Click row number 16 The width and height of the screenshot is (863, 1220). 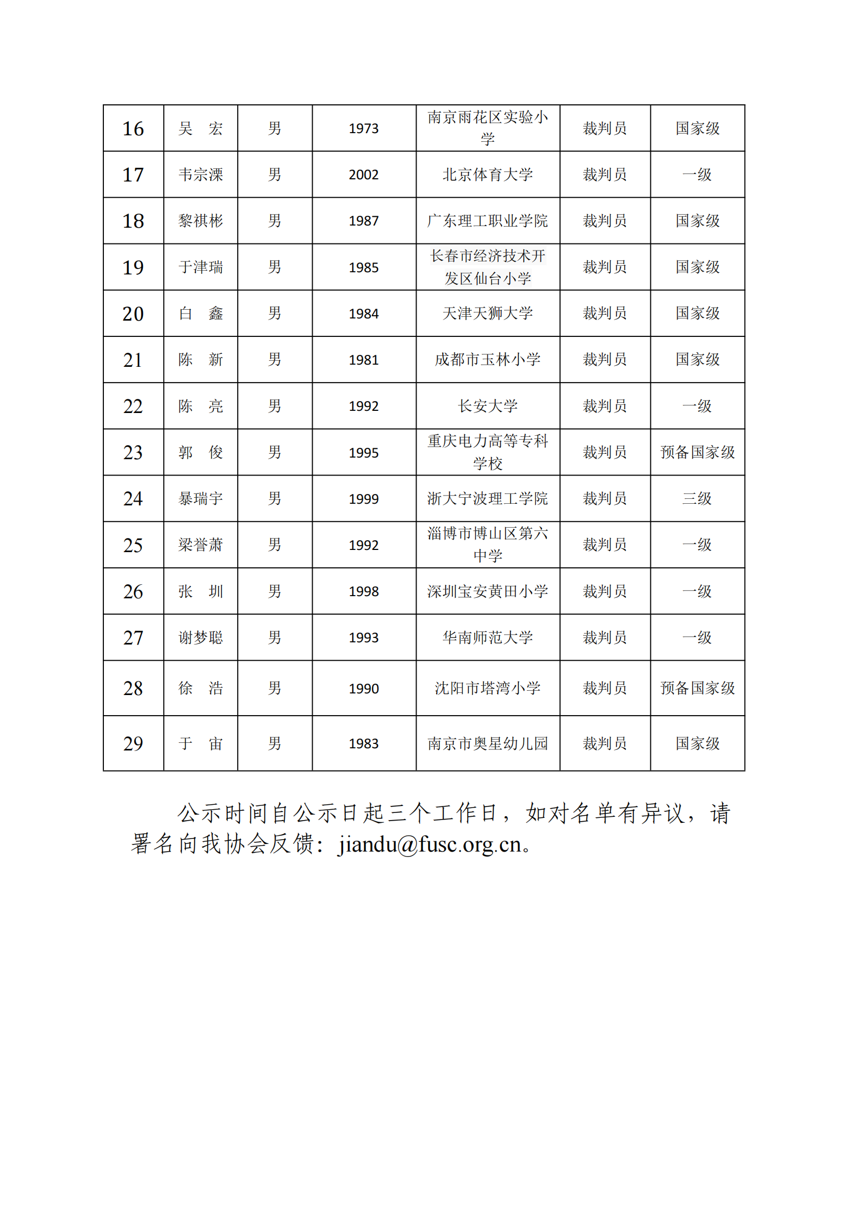click(133, 129)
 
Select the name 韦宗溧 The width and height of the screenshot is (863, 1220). click(201, 175)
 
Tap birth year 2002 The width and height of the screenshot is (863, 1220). click(364, 175)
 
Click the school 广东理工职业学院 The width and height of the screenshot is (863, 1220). click(487, 221)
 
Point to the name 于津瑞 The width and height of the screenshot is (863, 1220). click(201, 267)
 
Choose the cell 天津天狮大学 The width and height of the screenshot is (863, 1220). click(487, 314)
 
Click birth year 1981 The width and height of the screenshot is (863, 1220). click(364, 360)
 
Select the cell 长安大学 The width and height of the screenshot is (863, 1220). click(487, 406)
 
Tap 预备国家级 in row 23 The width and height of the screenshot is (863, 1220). click(697, 452)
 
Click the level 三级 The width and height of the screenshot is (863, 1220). click(697, 498)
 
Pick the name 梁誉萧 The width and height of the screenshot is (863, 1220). click(201, 545)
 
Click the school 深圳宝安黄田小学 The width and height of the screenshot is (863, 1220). click(487, 591)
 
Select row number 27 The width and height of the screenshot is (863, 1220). click(133, 637)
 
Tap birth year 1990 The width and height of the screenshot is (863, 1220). click(364, 689)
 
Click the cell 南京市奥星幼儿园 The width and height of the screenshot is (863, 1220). click(487, 743)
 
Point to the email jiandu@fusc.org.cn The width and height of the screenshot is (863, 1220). click(430, 844)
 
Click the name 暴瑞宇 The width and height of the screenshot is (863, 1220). click(201, 498)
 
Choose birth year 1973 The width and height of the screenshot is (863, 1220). click(364, 129)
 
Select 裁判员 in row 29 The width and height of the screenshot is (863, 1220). click(605, 743)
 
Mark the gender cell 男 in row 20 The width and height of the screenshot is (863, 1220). click(275, 314)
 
